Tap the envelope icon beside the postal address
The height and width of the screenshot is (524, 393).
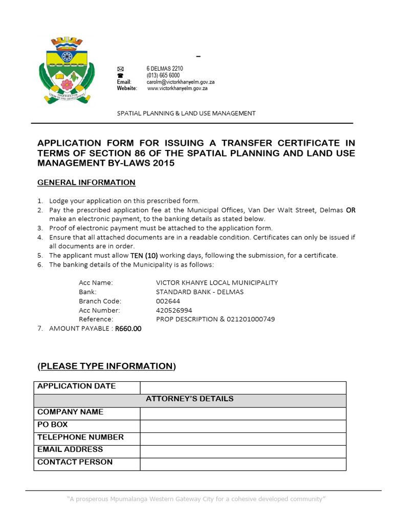(x=120, y=69)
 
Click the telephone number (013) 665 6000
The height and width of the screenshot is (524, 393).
(x=163, y=75)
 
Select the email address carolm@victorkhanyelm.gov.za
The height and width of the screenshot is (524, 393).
(x=180, y=82)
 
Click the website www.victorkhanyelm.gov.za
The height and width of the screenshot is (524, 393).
(x=177, y=88)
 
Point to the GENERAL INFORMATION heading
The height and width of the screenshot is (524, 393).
(x=86, y=183)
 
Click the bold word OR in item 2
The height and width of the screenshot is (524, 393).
(x=351, y=210)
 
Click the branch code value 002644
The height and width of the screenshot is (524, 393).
(x=168, y=301)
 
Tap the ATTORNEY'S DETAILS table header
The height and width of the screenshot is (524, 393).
(x=190, y=399)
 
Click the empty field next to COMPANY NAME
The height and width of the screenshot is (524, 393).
(x=243, y=413)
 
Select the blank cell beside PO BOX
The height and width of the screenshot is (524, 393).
(x=243, y=425)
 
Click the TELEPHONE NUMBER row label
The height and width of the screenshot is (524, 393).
(x=80, y=438)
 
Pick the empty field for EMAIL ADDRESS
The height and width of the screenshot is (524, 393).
(x=243, y=451)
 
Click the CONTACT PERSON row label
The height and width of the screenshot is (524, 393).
(x=75, y=462)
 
